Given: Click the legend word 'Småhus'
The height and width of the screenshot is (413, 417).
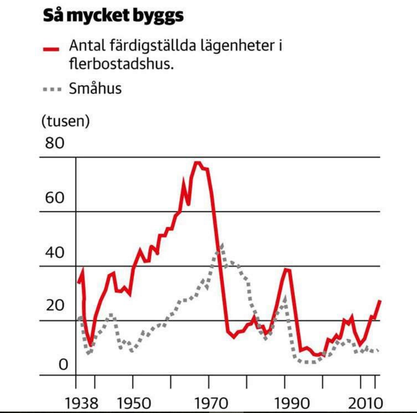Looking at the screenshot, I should pyautogui.click(x=95, y=88).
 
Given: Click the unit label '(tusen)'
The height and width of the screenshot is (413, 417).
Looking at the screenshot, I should pyautogui.click(x=65, y=121).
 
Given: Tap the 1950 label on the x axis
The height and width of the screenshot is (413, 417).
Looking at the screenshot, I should pyautogui.click(x=134, y=404).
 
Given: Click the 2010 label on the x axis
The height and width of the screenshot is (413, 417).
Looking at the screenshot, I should pyautogui.click(x=365, y=404).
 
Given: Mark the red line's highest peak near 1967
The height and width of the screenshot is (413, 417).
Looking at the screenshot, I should pyautogui.click(x=197, y=163).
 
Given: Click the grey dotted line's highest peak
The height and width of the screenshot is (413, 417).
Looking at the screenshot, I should pyautogui.click(x=221, y=245).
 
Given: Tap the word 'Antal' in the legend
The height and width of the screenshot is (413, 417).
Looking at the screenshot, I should pyautogui.click(x=86, y=47).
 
